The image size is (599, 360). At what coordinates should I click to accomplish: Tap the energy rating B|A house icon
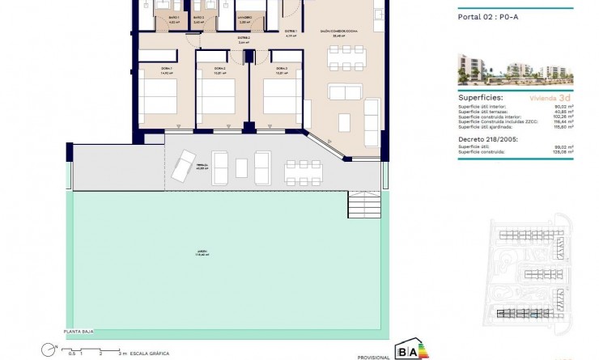click(406, 349)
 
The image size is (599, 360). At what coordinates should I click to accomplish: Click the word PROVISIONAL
click(372, 355)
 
